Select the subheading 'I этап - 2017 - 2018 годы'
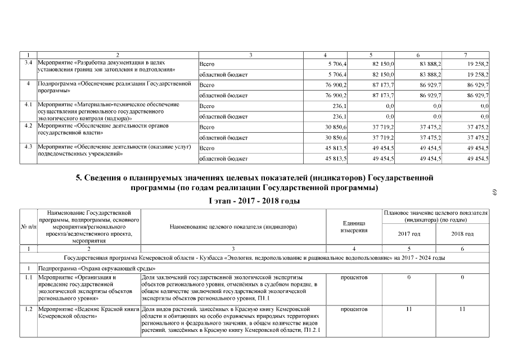pyautogui.click(x=254, y=201)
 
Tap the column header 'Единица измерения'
pyautogui.click(x=354, y=227)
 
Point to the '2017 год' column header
pyautogui.click(x=409, y=233)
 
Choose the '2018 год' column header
pyautogui.click(x=462, y=233)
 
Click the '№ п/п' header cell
pyautogui.click(x=28, y=227)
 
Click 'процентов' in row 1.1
pyautogui.click(x=354, y=277)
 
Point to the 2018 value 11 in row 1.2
pyautogui.click(x=462, y=309)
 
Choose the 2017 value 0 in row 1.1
pyautogui.click(x=409, y=277)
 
